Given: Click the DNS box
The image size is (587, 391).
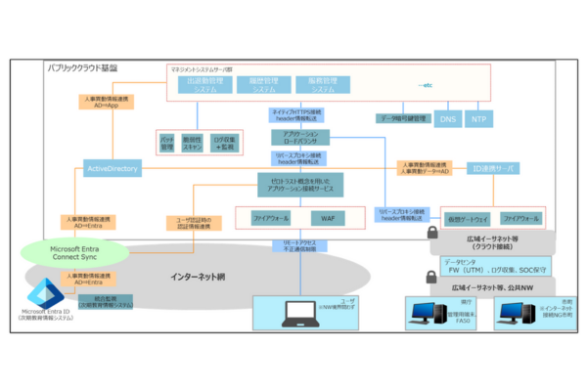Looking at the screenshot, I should (x=446, y=119).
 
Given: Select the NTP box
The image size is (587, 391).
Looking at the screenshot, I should (x=477, y=119).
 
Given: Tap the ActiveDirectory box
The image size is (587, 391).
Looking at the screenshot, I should (x=113, y=169).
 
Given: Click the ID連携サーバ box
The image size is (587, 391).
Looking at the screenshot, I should (x=493, y=168).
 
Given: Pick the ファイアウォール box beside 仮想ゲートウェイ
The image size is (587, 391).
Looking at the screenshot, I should (x=521, y=218).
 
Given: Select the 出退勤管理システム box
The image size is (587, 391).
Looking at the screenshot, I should (x=203, y=85).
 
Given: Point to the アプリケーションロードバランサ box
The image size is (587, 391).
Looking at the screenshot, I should (x=297, y=137).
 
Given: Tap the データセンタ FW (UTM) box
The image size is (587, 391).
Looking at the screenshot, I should (x=493, y=267).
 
